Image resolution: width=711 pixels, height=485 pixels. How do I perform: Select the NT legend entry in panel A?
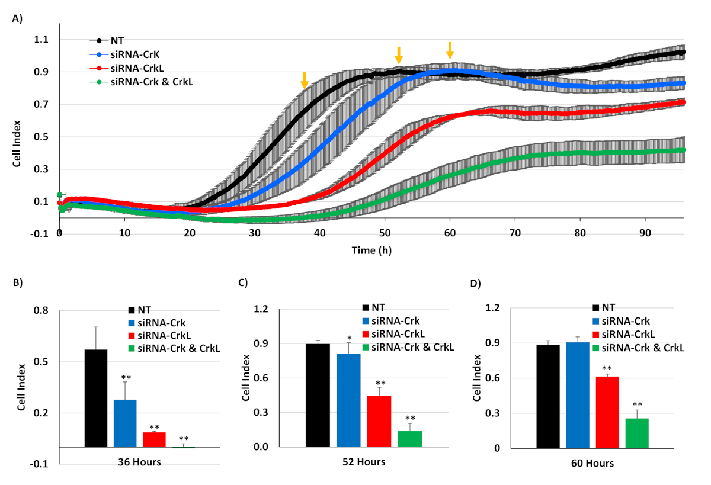116,41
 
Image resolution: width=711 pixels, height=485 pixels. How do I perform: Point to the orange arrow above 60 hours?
450,50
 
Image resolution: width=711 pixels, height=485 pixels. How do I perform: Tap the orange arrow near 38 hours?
304,81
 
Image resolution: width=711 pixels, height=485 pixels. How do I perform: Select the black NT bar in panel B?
96,398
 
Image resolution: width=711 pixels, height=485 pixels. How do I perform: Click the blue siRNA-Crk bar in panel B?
126,423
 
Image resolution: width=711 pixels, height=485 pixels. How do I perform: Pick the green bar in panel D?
638,433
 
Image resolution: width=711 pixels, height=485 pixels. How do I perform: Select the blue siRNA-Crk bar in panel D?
578,395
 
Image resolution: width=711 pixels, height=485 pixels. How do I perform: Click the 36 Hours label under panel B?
140,461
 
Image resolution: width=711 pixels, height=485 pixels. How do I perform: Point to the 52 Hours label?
364,461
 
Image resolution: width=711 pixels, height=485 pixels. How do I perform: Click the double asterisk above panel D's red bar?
607,369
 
